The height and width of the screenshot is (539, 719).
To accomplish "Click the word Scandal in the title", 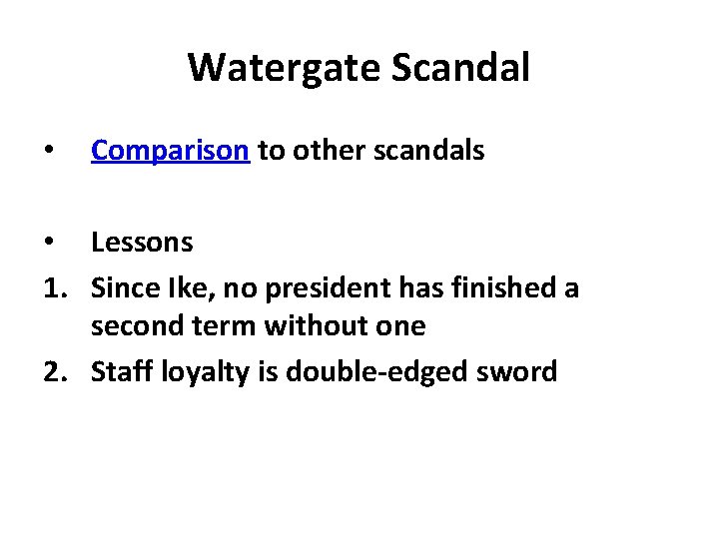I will pyautogui.click(x=461, y=68).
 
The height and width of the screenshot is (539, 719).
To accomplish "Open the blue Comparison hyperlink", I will pyautogui.click(x=169, y=151).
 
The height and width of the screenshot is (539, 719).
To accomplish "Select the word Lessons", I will pyautogui.click(x=142, y=242).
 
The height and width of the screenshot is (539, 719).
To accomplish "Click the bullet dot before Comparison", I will pyautogui.click(x=48, y=152).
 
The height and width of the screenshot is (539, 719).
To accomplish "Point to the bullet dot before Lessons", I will pyautogui.click(x=48, y=243).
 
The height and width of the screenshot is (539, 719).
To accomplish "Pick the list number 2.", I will pyautogui.click(x=52, y=371).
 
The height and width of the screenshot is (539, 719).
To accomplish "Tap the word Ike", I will pyautogui.click(x=183, y=287).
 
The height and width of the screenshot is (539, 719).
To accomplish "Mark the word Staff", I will pyautogui.click(x=120, y=371).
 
